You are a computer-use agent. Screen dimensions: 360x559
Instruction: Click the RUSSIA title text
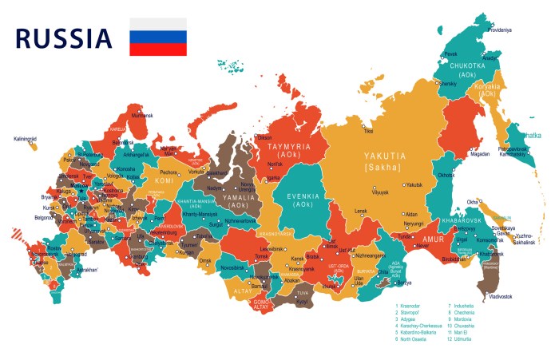[64, 38]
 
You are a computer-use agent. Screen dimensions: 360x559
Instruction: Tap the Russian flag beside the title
[158, 38]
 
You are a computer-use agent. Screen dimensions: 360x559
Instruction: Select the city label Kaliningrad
[26, 139]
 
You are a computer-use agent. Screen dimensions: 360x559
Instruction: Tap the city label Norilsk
[275, 164]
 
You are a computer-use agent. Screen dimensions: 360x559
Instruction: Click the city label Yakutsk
[413, 184]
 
